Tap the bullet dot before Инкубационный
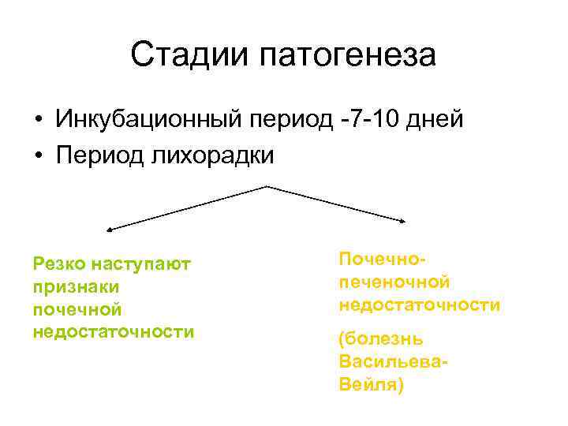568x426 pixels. tap(38, 121)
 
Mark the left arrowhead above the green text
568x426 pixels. tap(109, 230)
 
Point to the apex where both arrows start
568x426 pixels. tap(267, 186)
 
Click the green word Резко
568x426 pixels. tap(60, 263)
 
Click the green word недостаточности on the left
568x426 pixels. tap(114, 331)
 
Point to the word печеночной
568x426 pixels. tap(394, 282)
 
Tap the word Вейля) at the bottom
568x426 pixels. tap(370, 385)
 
